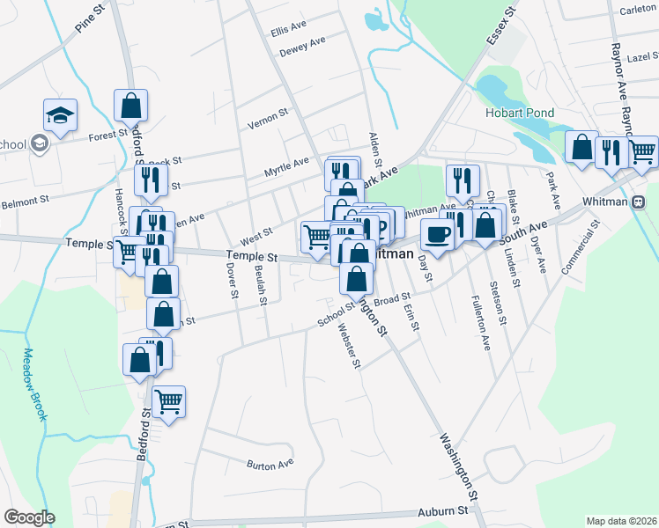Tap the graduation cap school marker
click(61, 115)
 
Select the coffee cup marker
click(437, 234)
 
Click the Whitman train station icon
click(638, 202)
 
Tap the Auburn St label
click(443, 510)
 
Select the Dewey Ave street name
click(302, 46)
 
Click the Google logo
click(29, 517)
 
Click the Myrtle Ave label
click(287, 164)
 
